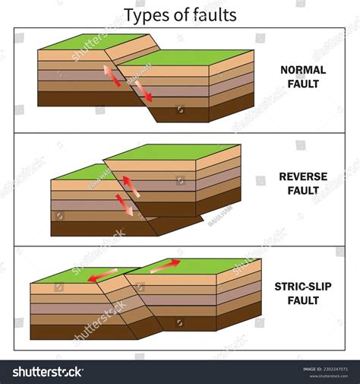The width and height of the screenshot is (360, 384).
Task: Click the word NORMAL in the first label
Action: (x=304, y=70)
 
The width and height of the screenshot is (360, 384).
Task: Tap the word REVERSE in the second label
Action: (x=304, y=177)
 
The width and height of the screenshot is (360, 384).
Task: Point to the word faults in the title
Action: (x=213, y=14)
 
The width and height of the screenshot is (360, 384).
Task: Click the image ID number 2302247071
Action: (x=333, y=369)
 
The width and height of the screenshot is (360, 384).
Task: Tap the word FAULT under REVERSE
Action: (x=304, y=191)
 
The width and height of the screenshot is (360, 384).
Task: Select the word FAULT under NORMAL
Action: (x=304, y=84)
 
